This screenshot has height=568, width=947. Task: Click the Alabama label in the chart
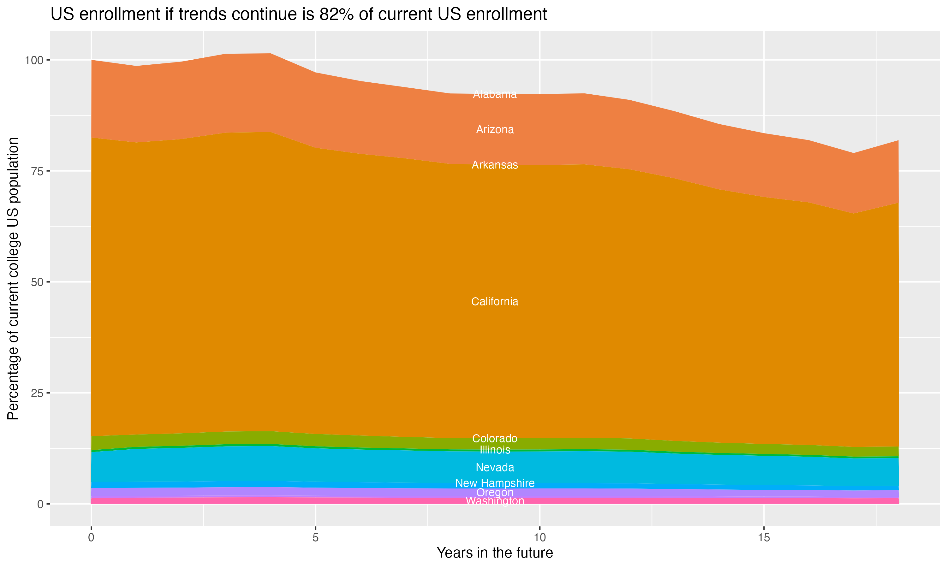pyautogui.click(x=495, y=94)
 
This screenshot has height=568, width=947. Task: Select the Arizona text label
pyautogui.click(x=495, y=130)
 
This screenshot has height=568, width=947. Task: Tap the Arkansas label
pyautogui.click(x=495, y=165)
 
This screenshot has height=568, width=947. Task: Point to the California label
pyautogui.click(x=495, y=302)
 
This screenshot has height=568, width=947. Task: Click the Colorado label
pyautogui.click(x=495, y=438)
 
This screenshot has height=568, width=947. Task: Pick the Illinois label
pyautogui.click(x=495, y=450)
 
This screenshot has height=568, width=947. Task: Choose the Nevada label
pyautogui.click(x=495, y=467)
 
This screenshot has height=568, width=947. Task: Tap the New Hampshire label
pyautogui.click(x=495, y=483)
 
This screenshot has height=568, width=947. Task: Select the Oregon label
pyautogui.click(x=495, y=492)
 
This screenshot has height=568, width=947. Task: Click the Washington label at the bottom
pyautogui.click(x=495, y=501)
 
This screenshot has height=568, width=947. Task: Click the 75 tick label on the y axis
pyautogui.click(x=38, y=171)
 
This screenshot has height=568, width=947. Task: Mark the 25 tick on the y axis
pyautogui.click(x=38, y=393)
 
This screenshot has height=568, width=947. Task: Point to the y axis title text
pyautogui.click(x=13, y=279)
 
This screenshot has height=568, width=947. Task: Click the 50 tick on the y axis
pyautogui.click(x=38, y=282)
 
